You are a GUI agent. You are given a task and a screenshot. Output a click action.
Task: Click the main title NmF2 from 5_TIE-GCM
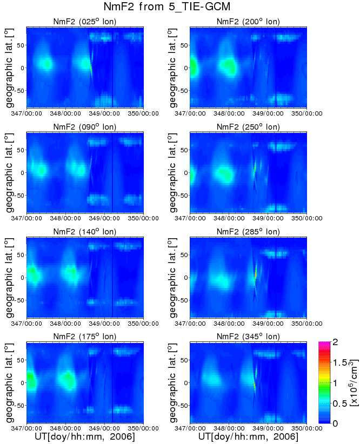click(179, 7)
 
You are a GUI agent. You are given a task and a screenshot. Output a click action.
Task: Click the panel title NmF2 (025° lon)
click(84, 22)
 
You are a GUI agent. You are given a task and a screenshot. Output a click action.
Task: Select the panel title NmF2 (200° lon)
click(248, 22)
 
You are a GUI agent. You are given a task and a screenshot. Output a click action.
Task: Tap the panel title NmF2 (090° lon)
click(84, 127)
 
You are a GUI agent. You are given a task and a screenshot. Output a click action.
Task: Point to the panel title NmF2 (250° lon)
click(248, 127)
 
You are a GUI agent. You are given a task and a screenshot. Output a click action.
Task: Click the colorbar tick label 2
click(336, 342)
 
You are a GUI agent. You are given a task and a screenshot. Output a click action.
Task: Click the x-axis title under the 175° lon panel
click(85, 436)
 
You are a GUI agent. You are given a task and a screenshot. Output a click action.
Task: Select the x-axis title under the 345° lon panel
click(248, 436)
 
